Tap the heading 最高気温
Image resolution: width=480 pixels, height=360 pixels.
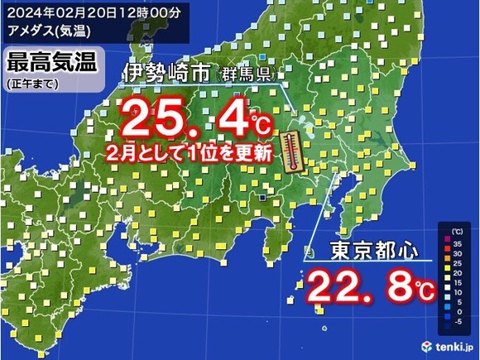coord(51,61)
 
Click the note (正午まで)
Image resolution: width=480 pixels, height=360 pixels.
coord(30,84)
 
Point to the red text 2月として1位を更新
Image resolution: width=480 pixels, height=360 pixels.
coord(191,154)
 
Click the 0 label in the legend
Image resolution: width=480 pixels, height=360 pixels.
coord(458,314)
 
